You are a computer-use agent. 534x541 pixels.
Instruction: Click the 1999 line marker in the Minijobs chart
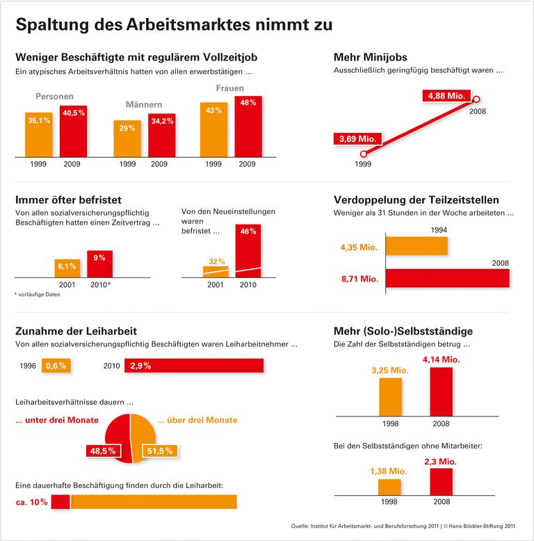tap(363, 154)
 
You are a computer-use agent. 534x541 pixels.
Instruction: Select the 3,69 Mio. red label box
tap(357, 139)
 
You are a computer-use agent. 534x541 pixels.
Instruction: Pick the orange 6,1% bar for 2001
tap(67, 268)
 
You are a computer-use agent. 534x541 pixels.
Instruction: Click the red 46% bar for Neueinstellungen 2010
tap(249, 251)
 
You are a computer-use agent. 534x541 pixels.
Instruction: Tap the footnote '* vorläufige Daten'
tap(38, 295)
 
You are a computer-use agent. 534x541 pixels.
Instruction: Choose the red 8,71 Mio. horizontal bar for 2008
tap(447, 278)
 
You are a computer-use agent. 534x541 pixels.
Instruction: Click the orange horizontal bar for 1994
tap(416, 246)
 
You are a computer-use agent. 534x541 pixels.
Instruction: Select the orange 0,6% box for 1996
tap(56, 365)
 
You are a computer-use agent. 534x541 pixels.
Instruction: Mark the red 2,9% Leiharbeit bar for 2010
tap(194, 365)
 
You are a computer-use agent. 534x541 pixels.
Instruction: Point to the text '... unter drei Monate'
tap(57, 420)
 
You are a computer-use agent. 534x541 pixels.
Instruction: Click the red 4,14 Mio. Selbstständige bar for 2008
tap(442, 391)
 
